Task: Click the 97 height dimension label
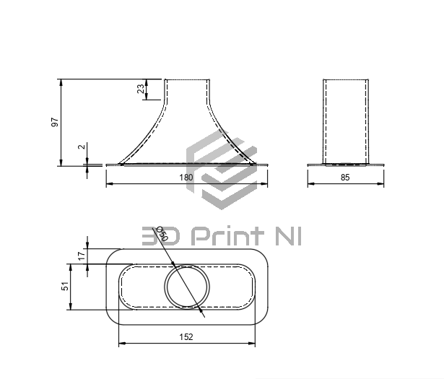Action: (x=55, y=122)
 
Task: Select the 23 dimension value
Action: (x=141, y=89)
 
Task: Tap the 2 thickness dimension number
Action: (x=82, y=147)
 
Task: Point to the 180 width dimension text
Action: (x=186, y=178)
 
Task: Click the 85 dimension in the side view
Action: (x=345, y=178)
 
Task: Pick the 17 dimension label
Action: (x=82, y=256)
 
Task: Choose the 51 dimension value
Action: (x=65, y=286)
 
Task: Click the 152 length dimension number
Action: (x=186, y=337)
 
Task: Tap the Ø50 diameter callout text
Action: (x=162, y=233)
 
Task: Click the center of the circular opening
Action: (x=187, y=287)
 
